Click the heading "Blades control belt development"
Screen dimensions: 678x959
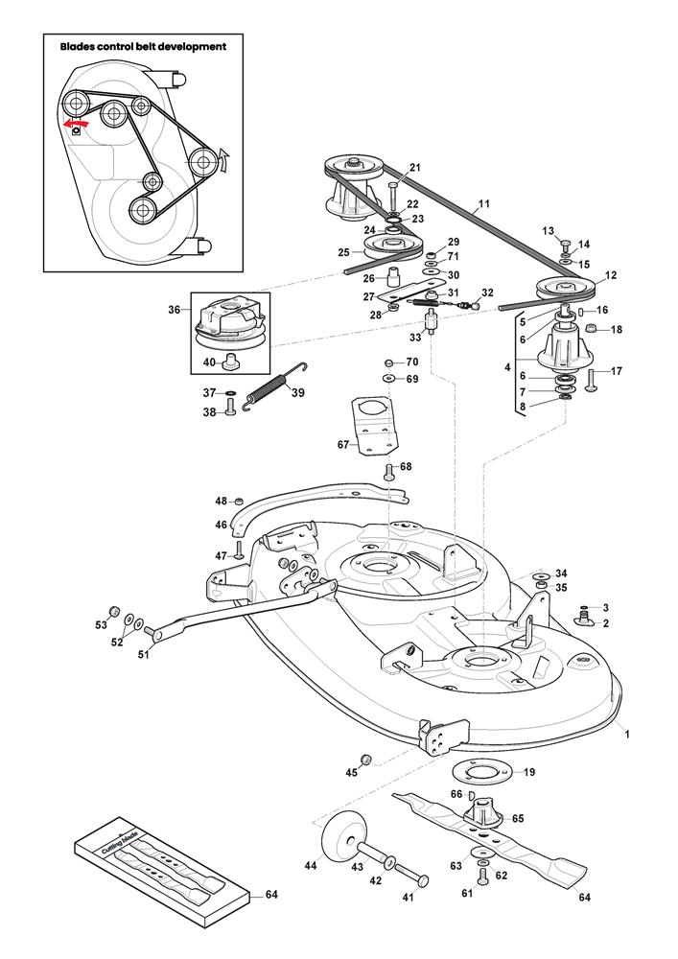(143, 46)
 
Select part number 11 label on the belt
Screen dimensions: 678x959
(483, 203)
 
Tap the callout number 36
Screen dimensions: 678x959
(175, 310)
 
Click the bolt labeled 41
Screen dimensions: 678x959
(410, 874)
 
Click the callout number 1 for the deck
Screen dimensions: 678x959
(627, 734)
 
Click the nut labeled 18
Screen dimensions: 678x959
(591, 329)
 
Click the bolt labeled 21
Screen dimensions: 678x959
(393, 195)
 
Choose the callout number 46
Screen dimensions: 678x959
(221, 525)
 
